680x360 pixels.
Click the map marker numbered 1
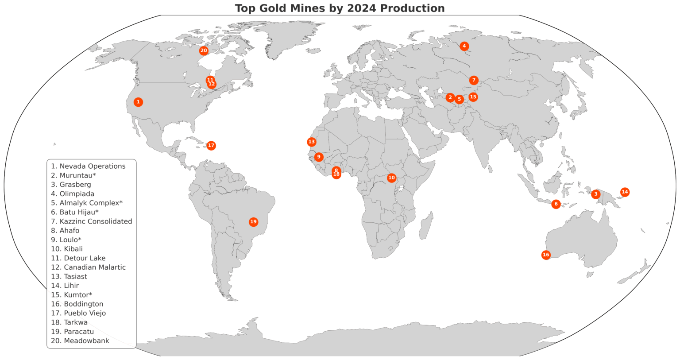pos(138,102)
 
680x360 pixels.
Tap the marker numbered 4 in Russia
pos(464,46)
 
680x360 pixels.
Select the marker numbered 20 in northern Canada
pos(204,50)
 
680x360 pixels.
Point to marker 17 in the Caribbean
pos(211,146)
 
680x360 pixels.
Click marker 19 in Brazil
pos(253,222)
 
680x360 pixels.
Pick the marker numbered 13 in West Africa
pos(312,142)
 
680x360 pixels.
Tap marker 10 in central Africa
pos(391,178)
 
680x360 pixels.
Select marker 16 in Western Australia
pos(546,255)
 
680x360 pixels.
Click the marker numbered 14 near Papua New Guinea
pos(625,192)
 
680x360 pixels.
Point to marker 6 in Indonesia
pos(556,204)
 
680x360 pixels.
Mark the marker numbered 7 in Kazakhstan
pos(474,80)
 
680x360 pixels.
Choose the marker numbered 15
pos(473,97)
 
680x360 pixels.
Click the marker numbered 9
pos(318,157)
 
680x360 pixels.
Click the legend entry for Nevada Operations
pos(88,166)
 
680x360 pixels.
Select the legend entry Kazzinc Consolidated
pos(91,221)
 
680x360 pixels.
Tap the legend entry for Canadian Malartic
pos(88,267)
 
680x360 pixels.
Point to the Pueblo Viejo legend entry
pos(78,313)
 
